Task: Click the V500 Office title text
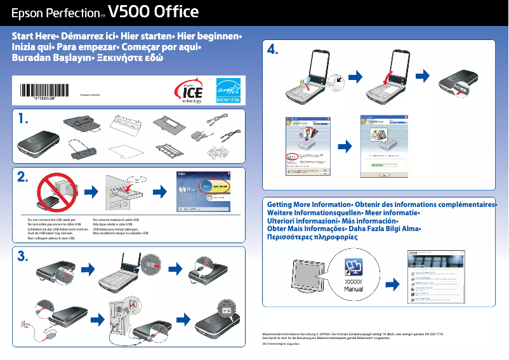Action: (x=154, y=12)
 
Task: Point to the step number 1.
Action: (x=23, y=119)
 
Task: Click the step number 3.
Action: (x=23, y=257)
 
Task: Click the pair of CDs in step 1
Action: (x=223, y=152)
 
